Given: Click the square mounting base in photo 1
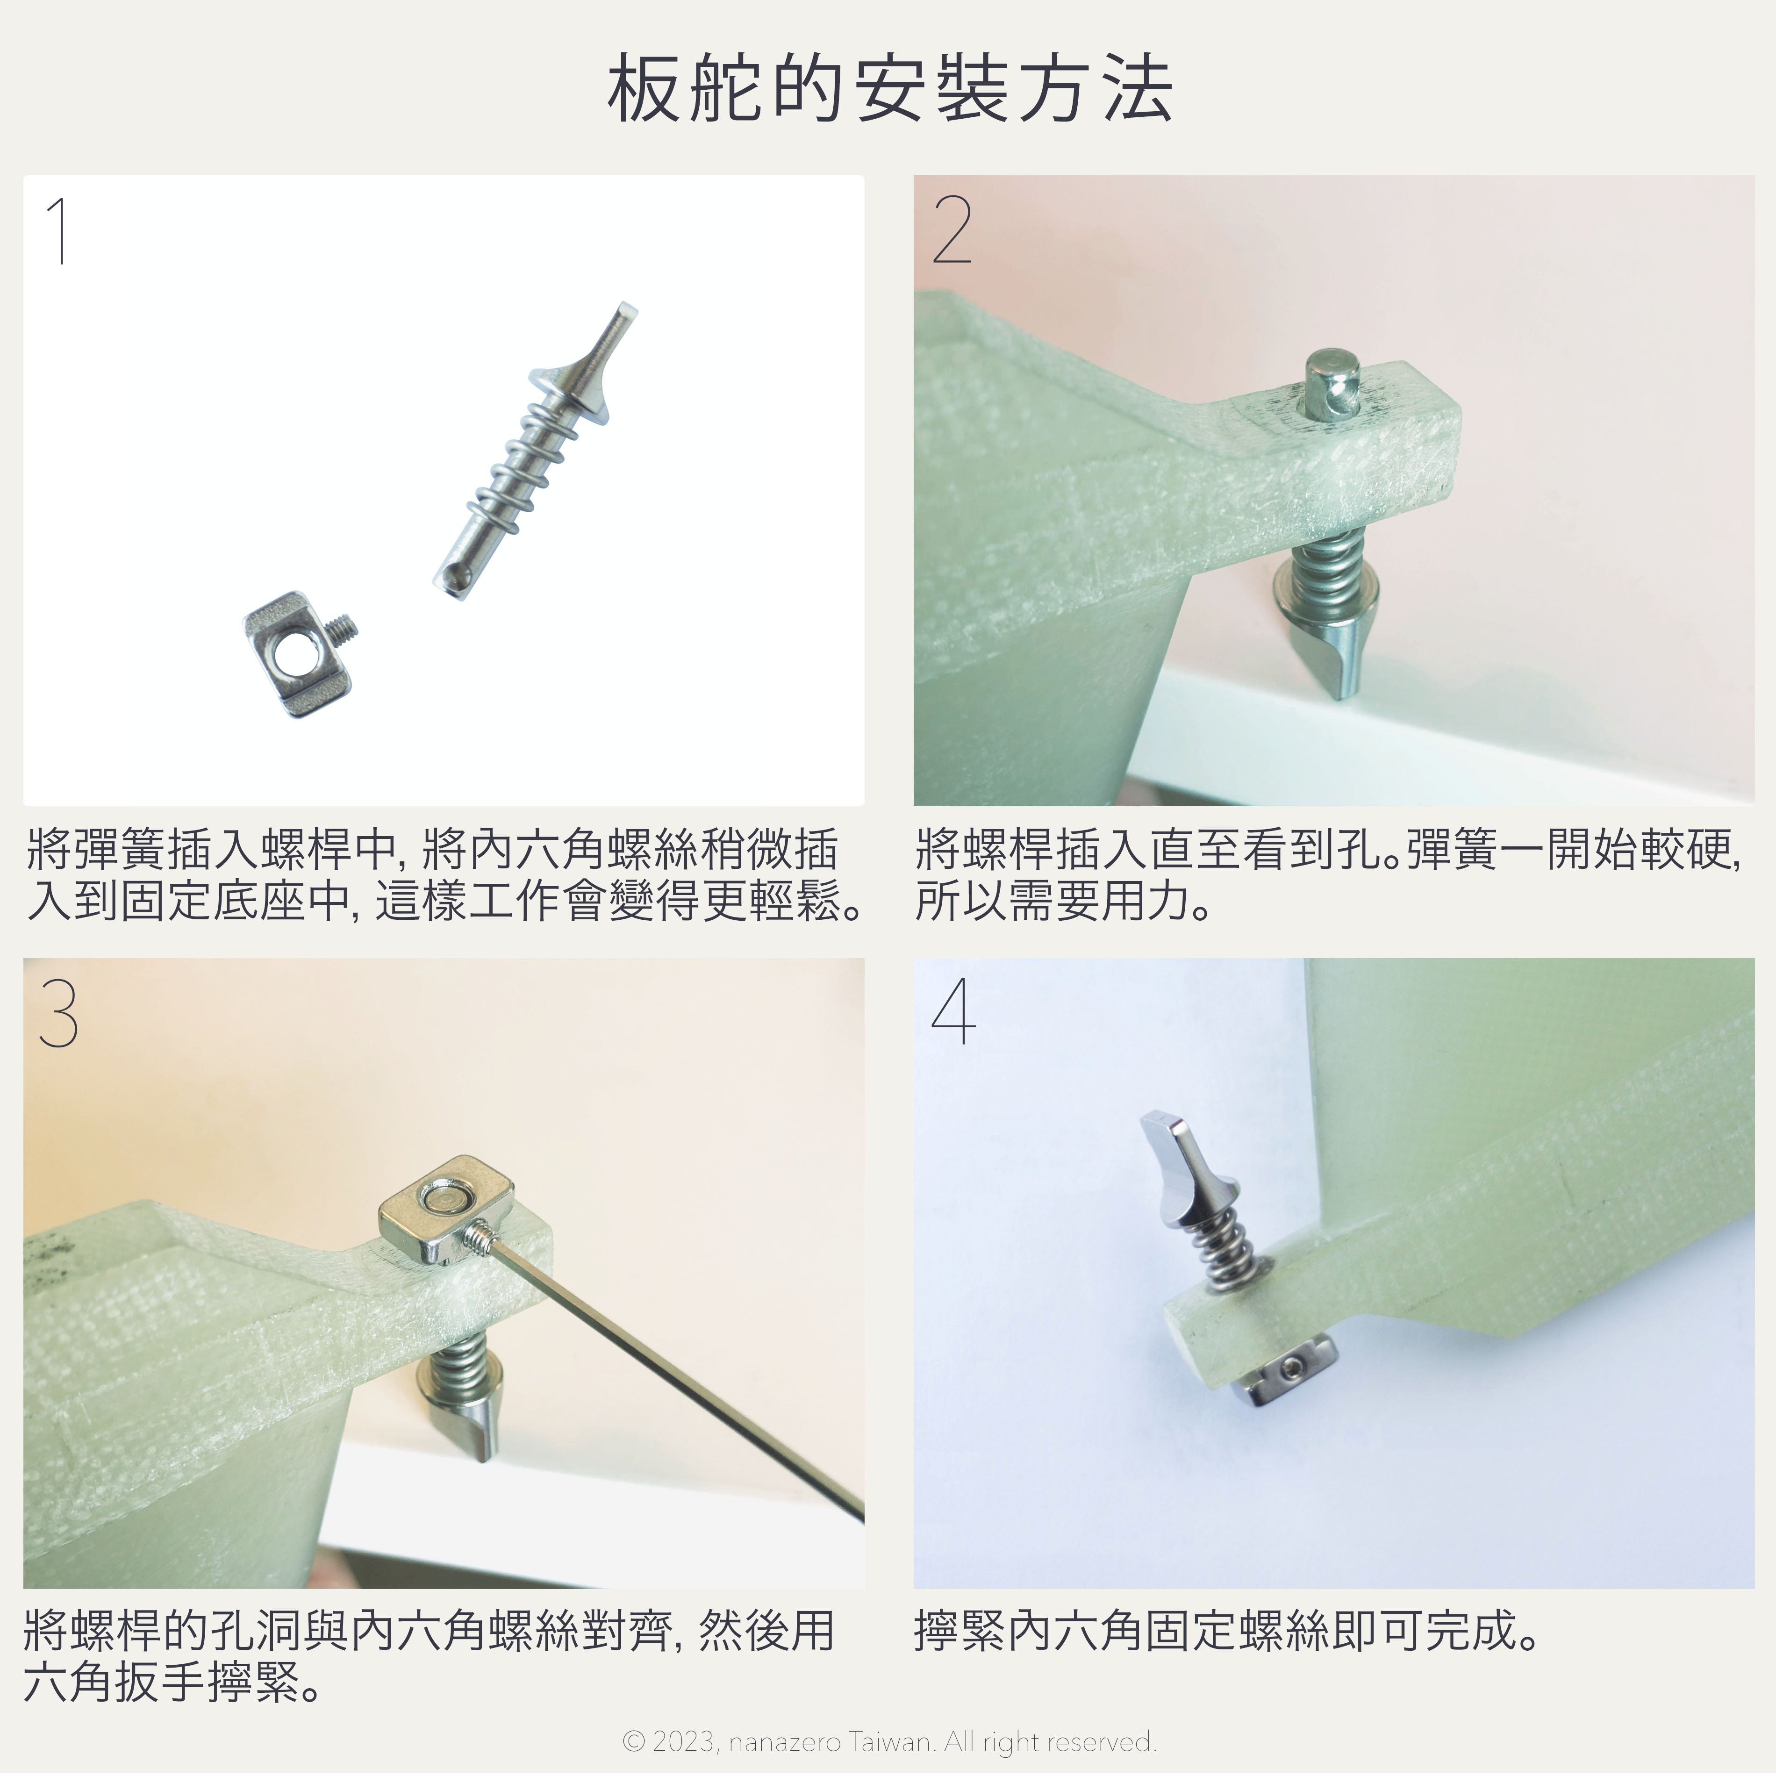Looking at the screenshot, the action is click(291, 641).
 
